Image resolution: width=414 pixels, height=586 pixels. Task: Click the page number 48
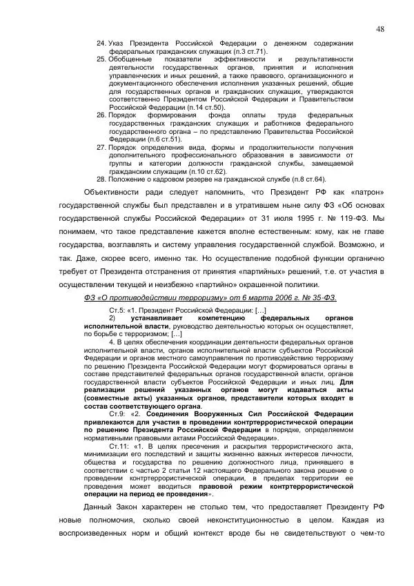(x=380, y=28)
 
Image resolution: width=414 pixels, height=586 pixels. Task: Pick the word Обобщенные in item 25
(x=132, y=60)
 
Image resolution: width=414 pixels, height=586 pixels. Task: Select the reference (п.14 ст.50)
(x=205, y=108)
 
